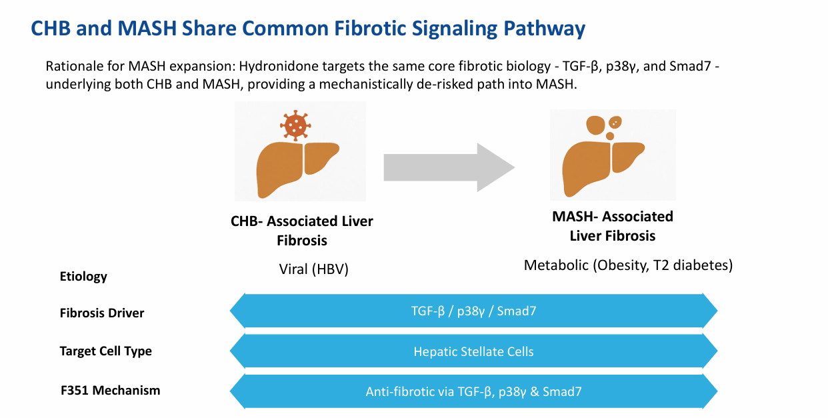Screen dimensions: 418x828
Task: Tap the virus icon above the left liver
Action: click(295, 125)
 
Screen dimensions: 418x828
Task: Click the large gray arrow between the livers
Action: click(448, 167)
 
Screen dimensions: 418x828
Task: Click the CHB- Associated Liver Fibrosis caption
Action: click(301, 230)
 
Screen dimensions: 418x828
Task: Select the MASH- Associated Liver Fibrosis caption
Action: click(612, 226)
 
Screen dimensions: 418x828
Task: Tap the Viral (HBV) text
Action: click(313, 269)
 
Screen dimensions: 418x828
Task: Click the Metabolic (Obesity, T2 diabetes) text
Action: click(628, 265)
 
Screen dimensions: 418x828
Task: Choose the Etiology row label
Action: click(83, 276)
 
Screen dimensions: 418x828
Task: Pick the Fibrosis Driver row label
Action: click(102, 313)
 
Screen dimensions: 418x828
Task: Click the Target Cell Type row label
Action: click(105, 351)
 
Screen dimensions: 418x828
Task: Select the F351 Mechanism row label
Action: click(110, 390)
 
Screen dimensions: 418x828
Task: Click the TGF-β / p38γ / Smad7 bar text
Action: click(473, 311)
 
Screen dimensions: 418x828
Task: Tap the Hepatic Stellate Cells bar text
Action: click(473, 351)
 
